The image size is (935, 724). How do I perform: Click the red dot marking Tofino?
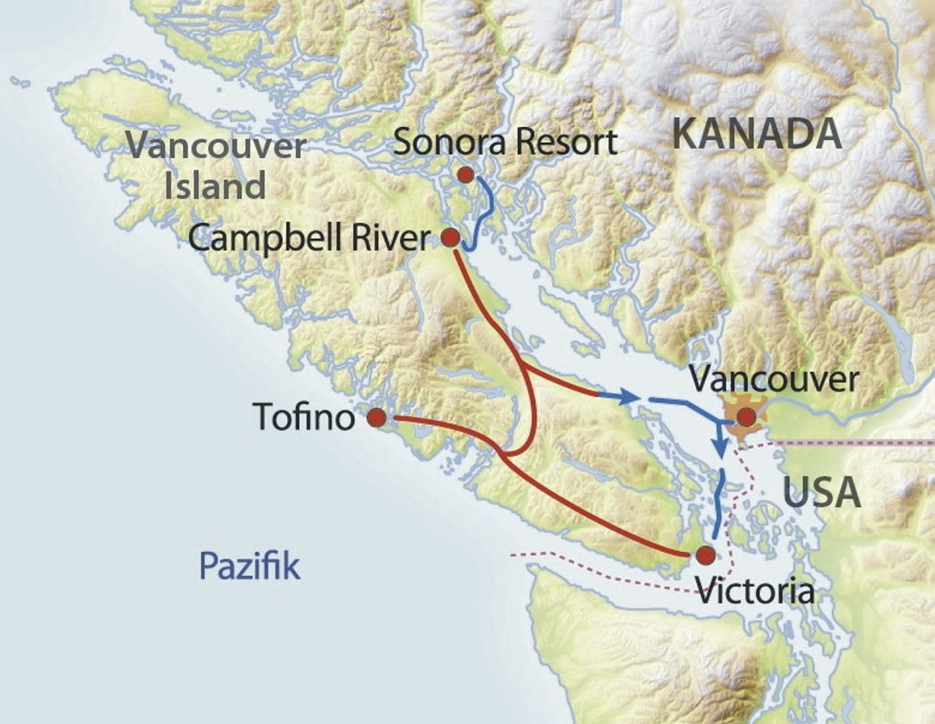tap(376, 418)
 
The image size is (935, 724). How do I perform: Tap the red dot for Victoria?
tap(706, 555)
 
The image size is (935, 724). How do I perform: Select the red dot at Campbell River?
tap(450, 238)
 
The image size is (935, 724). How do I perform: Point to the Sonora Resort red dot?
tap(466, 175)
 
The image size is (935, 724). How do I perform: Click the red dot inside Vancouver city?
tap(746, 417)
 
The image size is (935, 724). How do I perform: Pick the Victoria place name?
tap(755, 590)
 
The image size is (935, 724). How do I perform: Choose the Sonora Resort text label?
tap(505, 142)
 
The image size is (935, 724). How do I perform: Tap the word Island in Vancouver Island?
tap(215, 186)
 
